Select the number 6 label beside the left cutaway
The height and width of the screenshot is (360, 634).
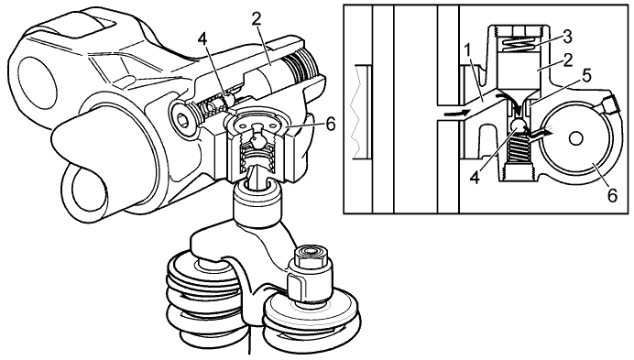[331, 125]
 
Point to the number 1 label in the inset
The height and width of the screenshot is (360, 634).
[467, 51]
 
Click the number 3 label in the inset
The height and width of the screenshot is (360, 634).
[567, 38]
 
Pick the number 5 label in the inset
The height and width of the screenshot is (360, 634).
[586, 75]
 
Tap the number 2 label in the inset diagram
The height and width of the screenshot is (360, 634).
[568, 60]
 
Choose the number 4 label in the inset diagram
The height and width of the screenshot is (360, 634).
[475, 177]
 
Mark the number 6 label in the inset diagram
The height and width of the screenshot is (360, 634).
[612, 195]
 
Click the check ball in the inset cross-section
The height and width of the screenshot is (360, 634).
[518, 126]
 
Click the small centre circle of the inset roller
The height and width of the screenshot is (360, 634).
[575, 139]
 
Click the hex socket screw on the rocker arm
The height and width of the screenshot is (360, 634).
[184, 117]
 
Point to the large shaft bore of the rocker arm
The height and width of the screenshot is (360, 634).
[38, 82]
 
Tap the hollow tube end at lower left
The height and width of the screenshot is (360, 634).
[89, 191]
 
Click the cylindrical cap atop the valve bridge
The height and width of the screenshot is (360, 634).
[257, 199]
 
